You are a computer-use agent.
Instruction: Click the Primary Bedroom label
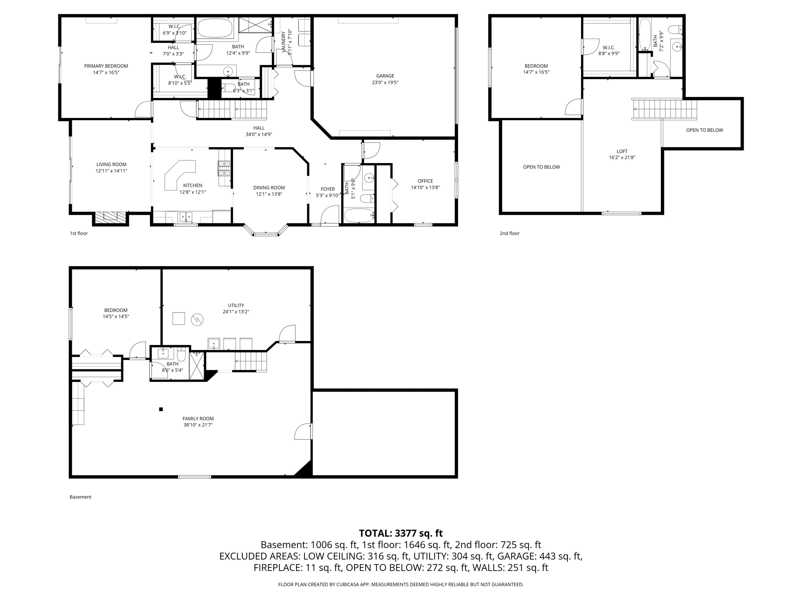tap(106, 66)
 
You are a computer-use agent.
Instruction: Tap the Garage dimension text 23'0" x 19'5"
tap(385, 83)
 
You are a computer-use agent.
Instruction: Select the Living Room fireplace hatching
tap(110, 218)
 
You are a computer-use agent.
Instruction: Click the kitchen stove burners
tap(224, 168)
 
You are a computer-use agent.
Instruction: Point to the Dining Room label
tap(269, 188)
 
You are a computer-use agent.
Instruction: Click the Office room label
tap(425, 181)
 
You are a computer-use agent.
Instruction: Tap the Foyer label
tap(328, 189)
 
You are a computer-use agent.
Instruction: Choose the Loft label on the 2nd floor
tap(622, 151)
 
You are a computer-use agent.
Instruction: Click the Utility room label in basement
tap(236, 306)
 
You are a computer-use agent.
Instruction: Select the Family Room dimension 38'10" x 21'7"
tap(198, 425)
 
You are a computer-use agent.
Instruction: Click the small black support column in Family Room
tap(161, 409)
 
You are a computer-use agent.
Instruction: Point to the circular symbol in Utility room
tap(197, 320)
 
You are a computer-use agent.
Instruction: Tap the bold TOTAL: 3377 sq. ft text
tap(401, 533)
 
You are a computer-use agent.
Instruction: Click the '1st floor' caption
tap(79, 234)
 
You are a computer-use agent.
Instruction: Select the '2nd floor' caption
tap(509, 234)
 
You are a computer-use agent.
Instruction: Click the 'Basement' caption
tap(80, 497)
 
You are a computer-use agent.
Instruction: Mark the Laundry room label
tap(284, 41)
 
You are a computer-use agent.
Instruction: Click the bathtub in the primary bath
tap(215, 28)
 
